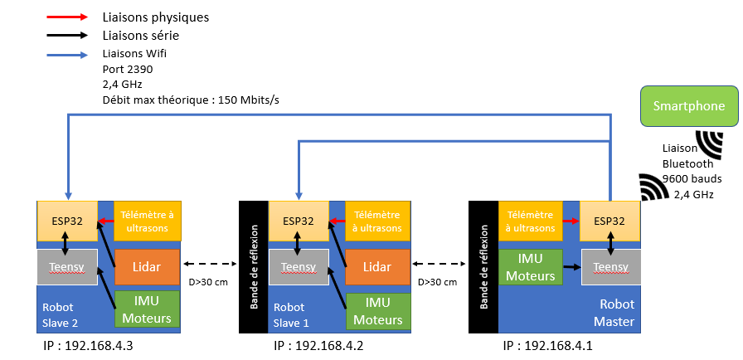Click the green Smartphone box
pyautogui.click(x=688, y=106)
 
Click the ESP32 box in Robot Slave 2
pyautogui.click(x=67, y=221)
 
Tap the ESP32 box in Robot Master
pyautogui.click(x=609, y=221)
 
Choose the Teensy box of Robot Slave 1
pyautogui.click(x=299, y=267)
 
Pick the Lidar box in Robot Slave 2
pyautogui.click(x=146, y=267)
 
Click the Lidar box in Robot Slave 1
pyautogui.click(x=378, y=267)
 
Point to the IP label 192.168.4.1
pyautogui.click(x=548, y=344)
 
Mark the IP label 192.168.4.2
pyautogui.click(x=318, y=344)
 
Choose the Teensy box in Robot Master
pyautogui.click(x=609, y=267)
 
